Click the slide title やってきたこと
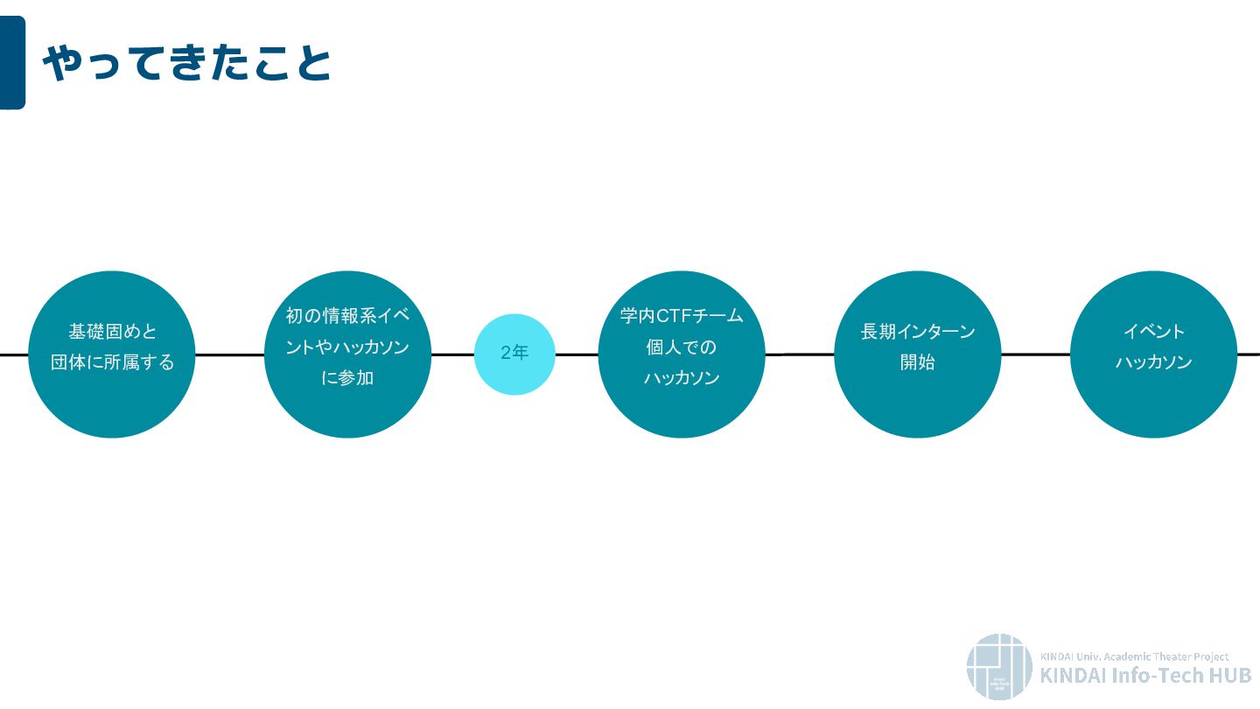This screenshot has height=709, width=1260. click(186, 64)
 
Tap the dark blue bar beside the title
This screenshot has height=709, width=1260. click(12, 62)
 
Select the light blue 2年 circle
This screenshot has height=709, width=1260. click(514, 354)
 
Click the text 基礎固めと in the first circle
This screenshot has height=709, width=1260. click(112, 332)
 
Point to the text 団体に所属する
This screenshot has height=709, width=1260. click(112, 362)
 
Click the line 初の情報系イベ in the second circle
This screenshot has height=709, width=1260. click(347, 315)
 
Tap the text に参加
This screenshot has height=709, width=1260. click(347, 378)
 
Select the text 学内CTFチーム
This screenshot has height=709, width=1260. click(681, 315)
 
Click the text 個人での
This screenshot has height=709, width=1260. click(681, 347)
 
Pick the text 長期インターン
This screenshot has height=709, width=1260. click(917, 332)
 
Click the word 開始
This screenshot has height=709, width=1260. click(917, 362)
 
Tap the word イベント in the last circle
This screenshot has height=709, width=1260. click(1153, 332)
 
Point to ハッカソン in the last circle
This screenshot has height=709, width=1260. click(1153, 362)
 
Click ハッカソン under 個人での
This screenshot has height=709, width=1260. click(681, 378)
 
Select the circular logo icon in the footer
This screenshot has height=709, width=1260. click(999, 666)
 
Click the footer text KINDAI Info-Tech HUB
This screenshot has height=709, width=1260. click(1145, 675)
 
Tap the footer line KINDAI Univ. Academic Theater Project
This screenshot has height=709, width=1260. click(1134, 656)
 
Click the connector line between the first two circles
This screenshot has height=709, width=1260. click(229, 354)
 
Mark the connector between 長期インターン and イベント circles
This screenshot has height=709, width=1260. click(1035, 354)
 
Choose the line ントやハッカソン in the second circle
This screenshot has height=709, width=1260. click(347, 347)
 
